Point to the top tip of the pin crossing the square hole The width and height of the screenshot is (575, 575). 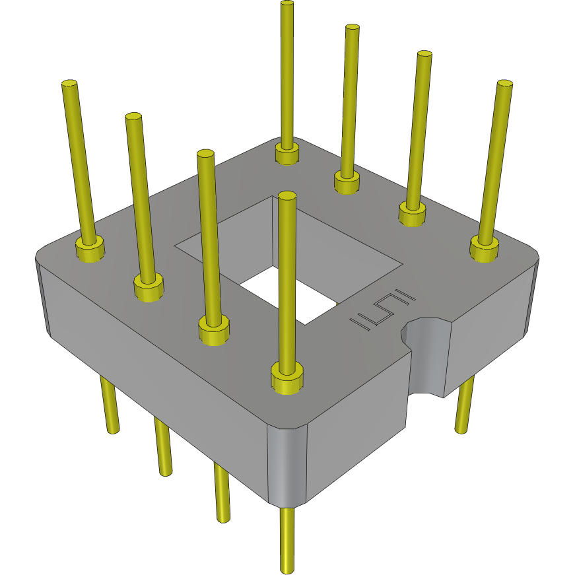286,195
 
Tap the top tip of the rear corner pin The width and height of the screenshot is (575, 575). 287,5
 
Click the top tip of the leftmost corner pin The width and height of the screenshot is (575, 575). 69,85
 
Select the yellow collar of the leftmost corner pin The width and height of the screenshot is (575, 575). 90,249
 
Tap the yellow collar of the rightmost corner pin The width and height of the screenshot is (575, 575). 484,249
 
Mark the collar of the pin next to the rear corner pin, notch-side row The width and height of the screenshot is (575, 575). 346,181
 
